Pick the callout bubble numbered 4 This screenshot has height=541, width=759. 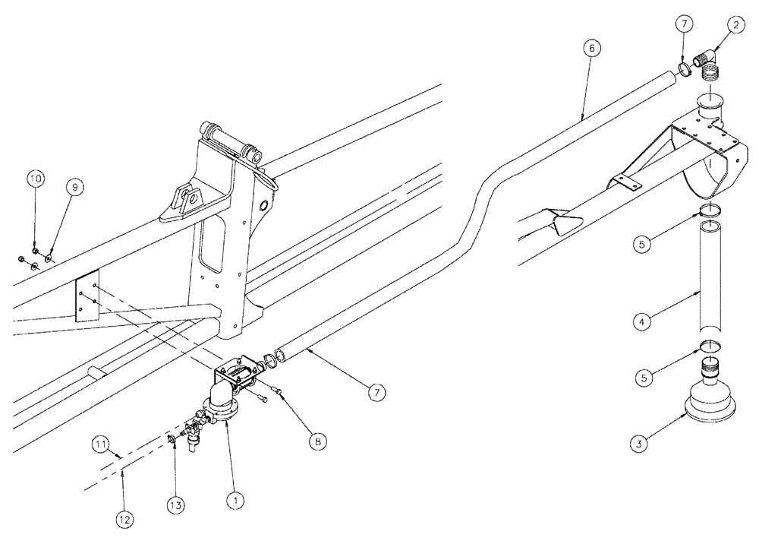(x=641, y=322)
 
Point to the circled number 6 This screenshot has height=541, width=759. (x=593, y=48)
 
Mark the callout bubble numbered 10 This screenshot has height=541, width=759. (x=35, y=179)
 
